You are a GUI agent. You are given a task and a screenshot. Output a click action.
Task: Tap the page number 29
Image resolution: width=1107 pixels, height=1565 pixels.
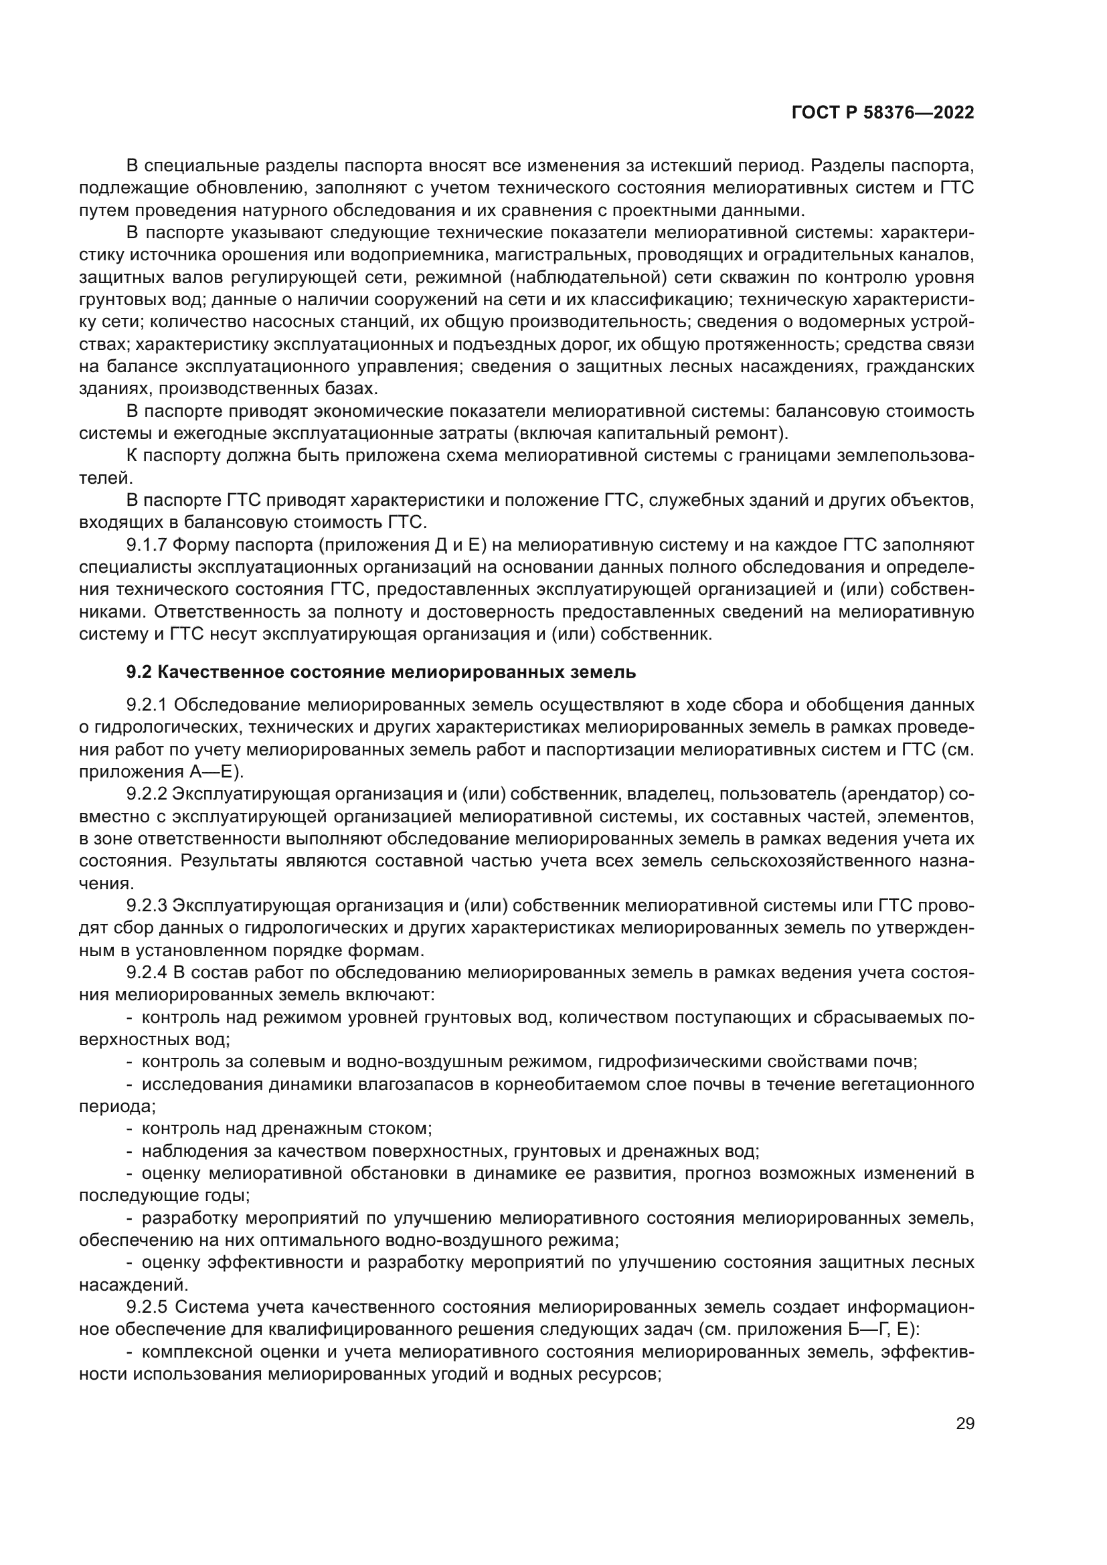965,1423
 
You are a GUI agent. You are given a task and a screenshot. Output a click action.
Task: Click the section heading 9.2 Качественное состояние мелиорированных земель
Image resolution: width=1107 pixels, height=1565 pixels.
381,672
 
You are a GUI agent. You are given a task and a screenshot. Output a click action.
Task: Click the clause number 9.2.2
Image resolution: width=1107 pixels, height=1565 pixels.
147,794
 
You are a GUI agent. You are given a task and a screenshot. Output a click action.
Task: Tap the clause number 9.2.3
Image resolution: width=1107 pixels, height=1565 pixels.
147,906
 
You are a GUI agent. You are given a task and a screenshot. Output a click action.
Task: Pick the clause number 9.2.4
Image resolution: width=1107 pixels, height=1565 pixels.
147,973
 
